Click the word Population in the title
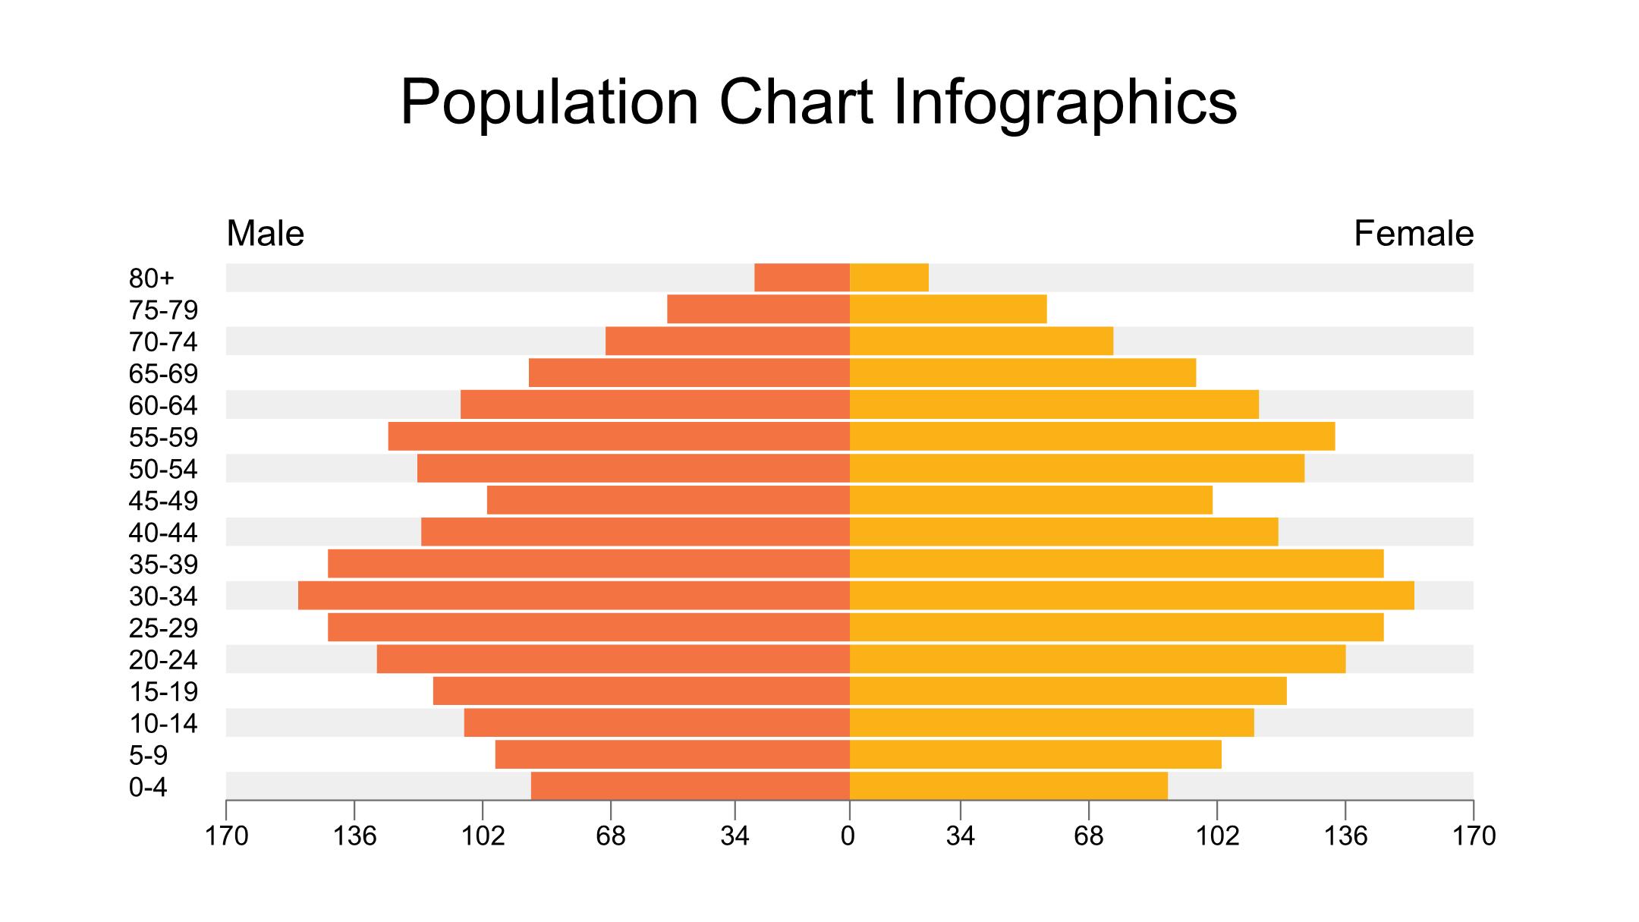[549, 102]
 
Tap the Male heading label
[265, 234]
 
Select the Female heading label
[1413, 234]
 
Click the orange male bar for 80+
[801, 278]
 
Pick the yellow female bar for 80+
[889, 278]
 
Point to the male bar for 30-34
[573, 596]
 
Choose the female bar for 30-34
[1131, 596]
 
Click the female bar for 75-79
[948, 310]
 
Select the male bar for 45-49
[668, 501]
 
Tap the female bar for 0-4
[1008, 786]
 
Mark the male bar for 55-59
[618, 437]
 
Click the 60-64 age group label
[163, 406]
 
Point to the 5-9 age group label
[148, 756]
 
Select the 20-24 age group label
[163, 660]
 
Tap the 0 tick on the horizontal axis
[848, 836]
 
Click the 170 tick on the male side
[227, 836]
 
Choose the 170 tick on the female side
[1474, 836]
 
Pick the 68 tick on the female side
[1088, 836]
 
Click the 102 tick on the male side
[483, 836]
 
